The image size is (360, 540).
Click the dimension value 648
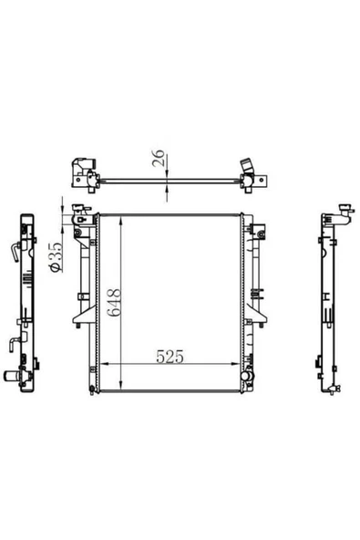click(114, 302)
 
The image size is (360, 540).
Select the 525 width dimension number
click(170, 357)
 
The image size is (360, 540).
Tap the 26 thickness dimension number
click(159, 158)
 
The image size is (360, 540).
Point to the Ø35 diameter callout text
click(56, 257)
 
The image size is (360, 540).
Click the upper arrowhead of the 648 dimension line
click(121, 222)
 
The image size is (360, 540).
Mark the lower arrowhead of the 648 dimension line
click(121, 385)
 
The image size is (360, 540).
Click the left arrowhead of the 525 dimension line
click(104, 364)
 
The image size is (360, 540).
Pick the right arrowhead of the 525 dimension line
click(235, 364)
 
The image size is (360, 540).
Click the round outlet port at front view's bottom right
click(246, 376)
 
